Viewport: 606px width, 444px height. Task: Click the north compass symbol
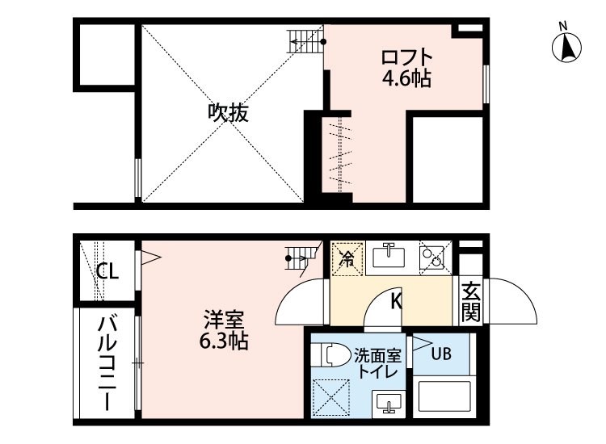pyautogui.click(x=566, y=45)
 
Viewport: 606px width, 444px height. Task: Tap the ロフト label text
pyautogui.click(x=406, y=57)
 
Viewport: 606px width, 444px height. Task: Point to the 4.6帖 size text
pyautogui.click(x=406, y=79)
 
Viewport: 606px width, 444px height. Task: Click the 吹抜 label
pyautogui.click(x=228, y=113)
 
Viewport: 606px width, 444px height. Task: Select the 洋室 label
pyautogui.click(x=224, y=320)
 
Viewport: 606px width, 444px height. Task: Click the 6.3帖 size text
pyautogui.click(x=224, y=341)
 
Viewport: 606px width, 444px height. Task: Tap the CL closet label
pyautogui.click(x=107, y=272)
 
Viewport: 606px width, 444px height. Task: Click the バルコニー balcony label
pyautogui.click(x=107, y=362)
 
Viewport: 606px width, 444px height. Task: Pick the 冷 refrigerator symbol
pyautogui.click(x=347, y=259)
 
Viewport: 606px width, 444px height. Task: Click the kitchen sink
pyautogui.click(x=389, y=256)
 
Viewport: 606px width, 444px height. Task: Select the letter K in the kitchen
pyautogui.click(x=397, y=301)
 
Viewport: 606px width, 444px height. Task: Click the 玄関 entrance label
pyautogui.click(x=471, y=302)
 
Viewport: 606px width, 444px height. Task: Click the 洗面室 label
pyautogui.click(x=378, y=355)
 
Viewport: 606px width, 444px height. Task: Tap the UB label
pyautogui.click(x=441, y=354)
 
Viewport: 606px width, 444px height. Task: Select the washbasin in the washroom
pyautogui.click(x=389, y=404)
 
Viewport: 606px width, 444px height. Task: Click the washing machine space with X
pyautogui.click(x=330, y=398)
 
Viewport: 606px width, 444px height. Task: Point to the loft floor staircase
pyautogui.click(x=305, y=42)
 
